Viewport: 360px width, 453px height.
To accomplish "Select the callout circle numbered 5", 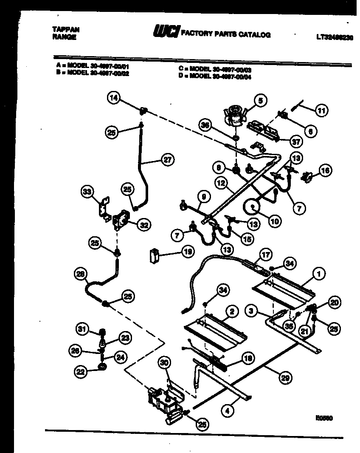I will pos(260,101).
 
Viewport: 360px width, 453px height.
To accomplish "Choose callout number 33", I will pos(87,192).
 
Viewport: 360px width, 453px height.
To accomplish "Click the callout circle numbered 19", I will pos(186,252).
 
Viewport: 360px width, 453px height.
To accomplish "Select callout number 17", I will pos(265,255).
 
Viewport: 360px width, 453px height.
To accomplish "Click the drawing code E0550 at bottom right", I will pos(324,418).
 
